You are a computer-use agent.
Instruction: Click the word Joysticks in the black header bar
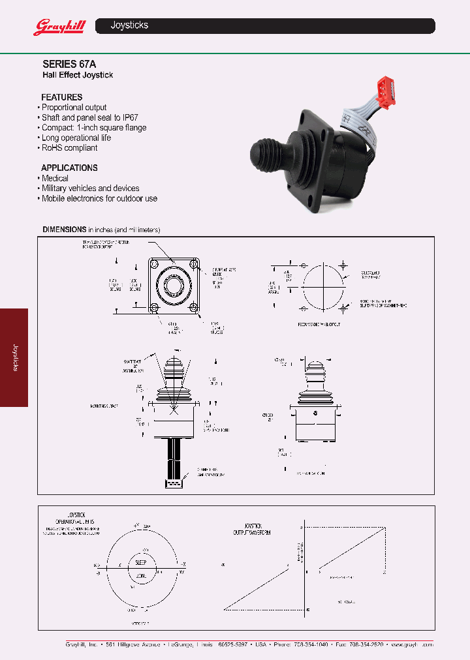pyautogui.click(x=129, y=25)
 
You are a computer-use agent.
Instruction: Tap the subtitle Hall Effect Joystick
pyautogui.click(x=78, y=75)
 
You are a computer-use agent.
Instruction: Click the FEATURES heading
pyautogui.click(x=62, y=97)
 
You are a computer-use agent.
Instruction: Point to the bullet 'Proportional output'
pyautogui.click(x=74, y=108)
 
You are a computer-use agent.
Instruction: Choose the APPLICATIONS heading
pyautogui.click(x=69, y=168)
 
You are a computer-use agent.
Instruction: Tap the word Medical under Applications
pyautogui.click(x=55, y=178)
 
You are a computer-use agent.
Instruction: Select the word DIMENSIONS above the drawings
pyautogui.click(x=65, y=230)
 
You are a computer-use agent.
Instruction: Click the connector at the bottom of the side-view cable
pyautogui.click(x=174, y=485)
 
